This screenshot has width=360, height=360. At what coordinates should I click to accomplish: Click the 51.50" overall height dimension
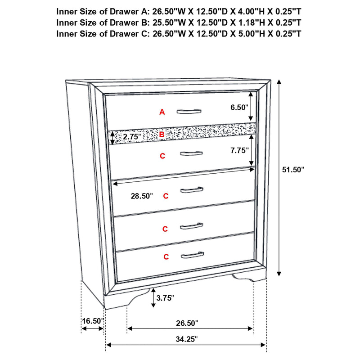293,170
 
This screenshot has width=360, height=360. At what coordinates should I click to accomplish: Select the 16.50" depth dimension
92,321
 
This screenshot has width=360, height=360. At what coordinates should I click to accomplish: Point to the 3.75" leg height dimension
164,297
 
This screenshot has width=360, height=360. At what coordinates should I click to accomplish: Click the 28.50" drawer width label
141,196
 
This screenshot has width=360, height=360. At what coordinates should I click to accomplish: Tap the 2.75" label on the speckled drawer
132,136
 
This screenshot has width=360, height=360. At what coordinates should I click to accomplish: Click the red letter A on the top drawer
162,112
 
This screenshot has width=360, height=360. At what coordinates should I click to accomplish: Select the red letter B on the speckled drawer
162,134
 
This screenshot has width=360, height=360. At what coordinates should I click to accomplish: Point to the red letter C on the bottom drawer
166,257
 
